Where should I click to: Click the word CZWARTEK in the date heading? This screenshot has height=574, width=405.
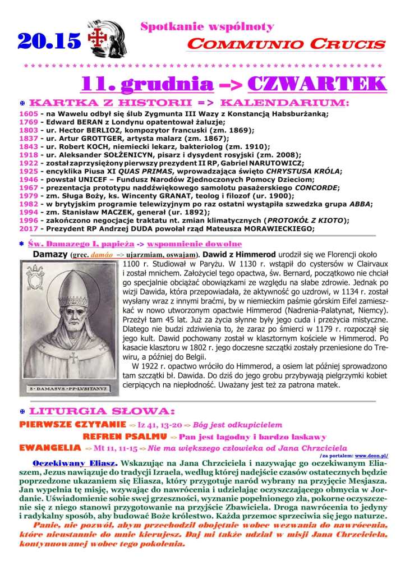pyautogui.click(x=316, y=84)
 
